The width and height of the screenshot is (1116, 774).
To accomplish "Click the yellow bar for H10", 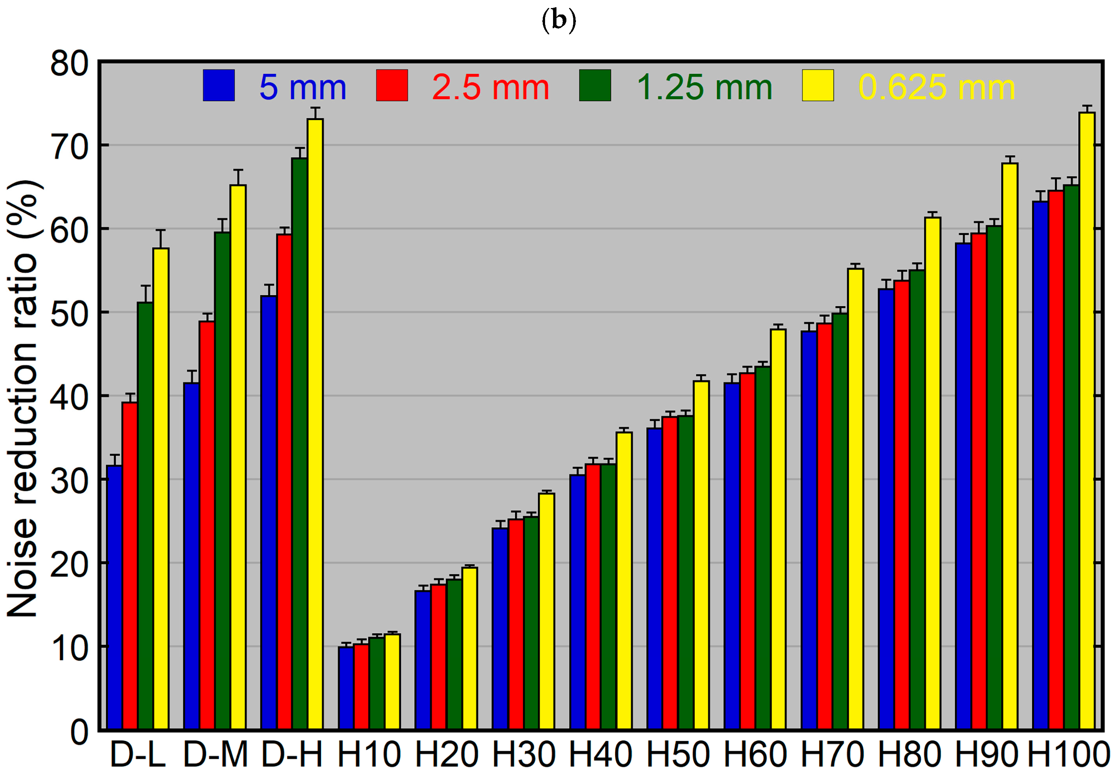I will click(x=392, y=682).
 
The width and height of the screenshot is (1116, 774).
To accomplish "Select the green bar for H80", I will click(x=917, y=499).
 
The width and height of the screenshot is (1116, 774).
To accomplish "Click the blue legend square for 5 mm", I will click(x=219, y=85).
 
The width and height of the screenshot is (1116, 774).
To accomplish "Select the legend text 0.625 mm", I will click(x=936, y=88).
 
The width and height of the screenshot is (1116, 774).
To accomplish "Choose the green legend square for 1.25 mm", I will click(x=595, y=85).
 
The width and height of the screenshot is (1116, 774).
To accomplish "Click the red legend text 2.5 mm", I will click(x=490, y=88).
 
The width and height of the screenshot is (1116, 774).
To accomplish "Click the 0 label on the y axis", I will click(x=80, y=731).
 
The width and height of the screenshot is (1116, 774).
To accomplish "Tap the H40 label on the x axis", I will click(x=600, y=755).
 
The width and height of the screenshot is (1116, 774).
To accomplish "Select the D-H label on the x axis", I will click(x=292, y=755).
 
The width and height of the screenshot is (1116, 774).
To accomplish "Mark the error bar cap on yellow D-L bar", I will click(x=161, y=230).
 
